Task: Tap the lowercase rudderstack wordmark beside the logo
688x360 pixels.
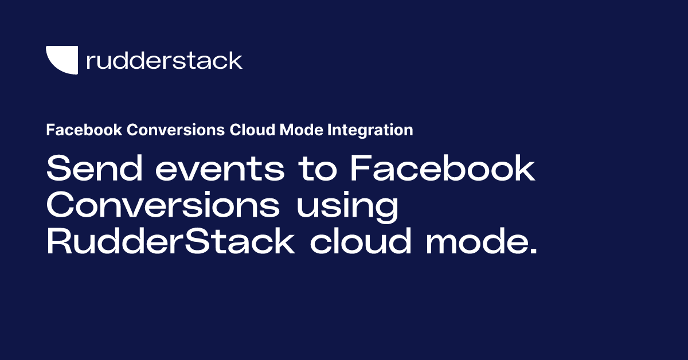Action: click(x=164, y=60)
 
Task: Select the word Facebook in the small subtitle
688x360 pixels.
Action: click(x=83, y=130)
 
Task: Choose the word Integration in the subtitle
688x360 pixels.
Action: click(x=370, y=130)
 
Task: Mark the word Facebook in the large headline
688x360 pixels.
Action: click(x=442, y=170)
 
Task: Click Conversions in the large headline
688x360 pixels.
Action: click(x=163, y=206)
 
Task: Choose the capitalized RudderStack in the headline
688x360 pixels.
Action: click(x=170, y=241)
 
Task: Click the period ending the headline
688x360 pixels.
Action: click(x=533, y=251)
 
